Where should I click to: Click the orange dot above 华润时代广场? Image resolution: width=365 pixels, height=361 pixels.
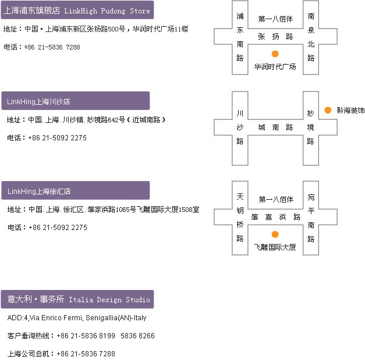coord(275,54)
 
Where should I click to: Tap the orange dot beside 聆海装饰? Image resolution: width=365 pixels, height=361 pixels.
coord(328,110)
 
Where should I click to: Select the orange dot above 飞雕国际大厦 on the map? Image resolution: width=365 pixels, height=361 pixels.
coord(275,234)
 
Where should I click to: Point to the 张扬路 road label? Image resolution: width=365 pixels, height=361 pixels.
coord(275,37)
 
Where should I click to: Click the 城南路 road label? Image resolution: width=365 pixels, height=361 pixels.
coord(275,127)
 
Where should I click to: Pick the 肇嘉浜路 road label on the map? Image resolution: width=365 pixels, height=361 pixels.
coord(275,217)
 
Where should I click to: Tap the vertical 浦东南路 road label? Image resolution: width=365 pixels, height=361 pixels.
coord(240,37)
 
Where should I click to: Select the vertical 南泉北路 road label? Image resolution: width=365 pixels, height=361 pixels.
coord(311,37)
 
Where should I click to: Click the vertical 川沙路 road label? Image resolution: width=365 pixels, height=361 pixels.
coord(240,127)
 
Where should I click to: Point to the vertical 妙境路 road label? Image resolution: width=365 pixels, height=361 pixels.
coord(310,127)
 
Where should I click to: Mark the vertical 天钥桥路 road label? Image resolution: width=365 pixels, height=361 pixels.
coord(240,217)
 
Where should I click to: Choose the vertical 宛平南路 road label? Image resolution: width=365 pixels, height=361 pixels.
coord(311,218)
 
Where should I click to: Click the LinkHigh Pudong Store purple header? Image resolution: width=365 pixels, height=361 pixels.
coord(77,10)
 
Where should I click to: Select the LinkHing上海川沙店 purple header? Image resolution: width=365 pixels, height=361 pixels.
coord(76,101)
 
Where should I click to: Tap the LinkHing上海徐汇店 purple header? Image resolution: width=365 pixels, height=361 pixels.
coord(76,190)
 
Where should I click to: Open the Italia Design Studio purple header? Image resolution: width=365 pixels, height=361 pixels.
coord(77,299)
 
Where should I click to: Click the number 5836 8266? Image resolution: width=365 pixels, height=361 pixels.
coord(137,335)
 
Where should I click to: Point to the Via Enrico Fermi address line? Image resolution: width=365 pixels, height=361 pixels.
coord(77,318)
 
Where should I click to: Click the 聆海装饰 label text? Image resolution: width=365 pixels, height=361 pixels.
coord(350,110)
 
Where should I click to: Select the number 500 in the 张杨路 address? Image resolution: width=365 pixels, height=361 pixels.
coord(113,29)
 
